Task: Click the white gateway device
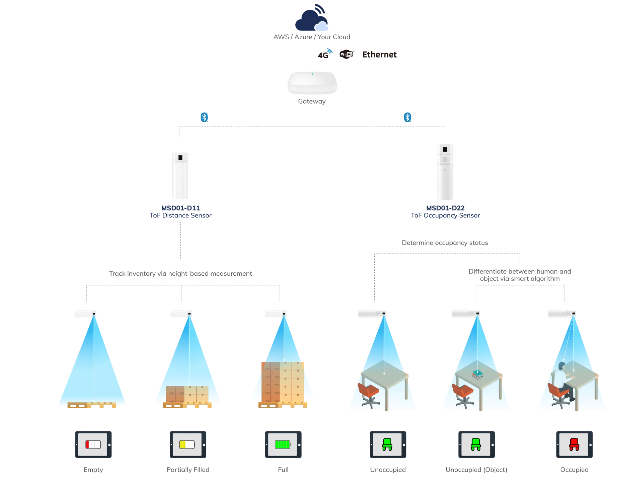click(312, 83)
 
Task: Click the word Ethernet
click(380, 55)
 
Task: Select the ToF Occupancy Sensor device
click(446, 172)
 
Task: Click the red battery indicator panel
click(92, 445)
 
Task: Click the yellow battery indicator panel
click(188, 445)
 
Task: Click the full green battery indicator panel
click(282, 445)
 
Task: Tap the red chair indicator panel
click(573, 445)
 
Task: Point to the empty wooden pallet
click(92, 405)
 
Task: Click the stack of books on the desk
click(477, 375)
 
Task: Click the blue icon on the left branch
click(204, 117)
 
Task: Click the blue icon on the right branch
click(408, 117)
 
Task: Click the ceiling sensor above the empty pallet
click(86, 314)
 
